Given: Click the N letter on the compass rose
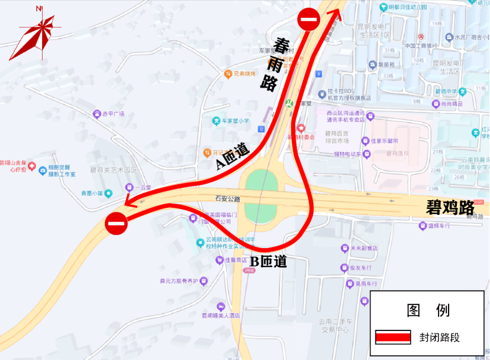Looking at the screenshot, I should click(38, 9).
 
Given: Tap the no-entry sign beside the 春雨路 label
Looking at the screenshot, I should click(309, 20).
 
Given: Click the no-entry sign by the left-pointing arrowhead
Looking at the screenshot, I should click(116, 223).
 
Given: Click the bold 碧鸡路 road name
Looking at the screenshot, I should click(450, 208).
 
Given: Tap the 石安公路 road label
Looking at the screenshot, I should click(228, 200).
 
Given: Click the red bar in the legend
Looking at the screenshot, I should click(393, 337).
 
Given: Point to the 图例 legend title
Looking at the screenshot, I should click(428, 310).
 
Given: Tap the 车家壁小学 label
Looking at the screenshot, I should click(231, 121).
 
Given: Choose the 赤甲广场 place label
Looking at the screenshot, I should click(112, 114).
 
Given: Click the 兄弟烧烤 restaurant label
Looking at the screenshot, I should click(244, 74).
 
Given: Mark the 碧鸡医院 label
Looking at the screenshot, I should click(398, 153).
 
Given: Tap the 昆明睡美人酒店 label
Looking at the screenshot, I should click(221, 316).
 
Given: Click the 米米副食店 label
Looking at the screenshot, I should click(363, 248).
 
